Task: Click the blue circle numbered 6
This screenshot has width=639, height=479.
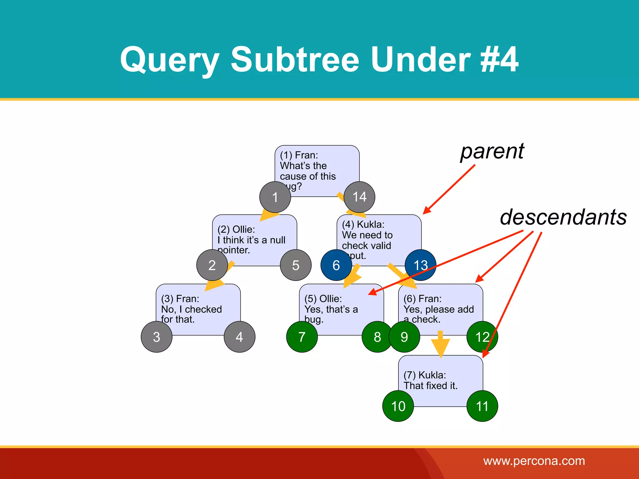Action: click(336, 265)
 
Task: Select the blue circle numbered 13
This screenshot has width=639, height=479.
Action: click(420, 265)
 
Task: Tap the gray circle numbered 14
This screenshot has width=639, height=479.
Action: click(359, 197)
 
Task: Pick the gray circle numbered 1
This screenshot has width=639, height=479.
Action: click(275, 197)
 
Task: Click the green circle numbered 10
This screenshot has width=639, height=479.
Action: click(398, 406)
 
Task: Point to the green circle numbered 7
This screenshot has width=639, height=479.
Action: click(302, 337)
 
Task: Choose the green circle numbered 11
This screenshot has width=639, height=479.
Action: click(482, 406)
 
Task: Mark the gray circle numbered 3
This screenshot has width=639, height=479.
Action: click(157, 337)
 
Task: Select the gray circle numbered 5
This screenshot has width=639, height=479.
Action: click(295, 265)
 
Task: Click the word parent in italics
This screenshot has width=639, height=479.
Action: click(492, 152)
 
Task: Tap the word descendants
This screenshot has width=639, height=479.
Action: click(563, 217)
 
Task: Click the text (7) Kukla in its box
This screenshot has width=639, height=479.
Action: click(425, 375)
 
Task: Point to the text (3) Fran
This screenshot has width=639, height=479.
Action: click(180, 298)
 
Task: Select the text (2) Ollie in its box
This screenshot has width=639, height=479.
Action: click(236, 229)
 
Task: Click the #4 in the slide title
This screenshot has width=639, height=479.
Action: click(499, 59)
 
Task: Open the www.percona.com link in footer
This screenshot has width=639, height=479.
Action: click(534, 461)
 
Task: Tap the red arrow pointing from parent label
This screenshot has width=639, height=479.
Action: click(449, 189)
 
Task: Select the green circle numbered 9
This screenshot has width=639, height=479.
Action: click(404, 337)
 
